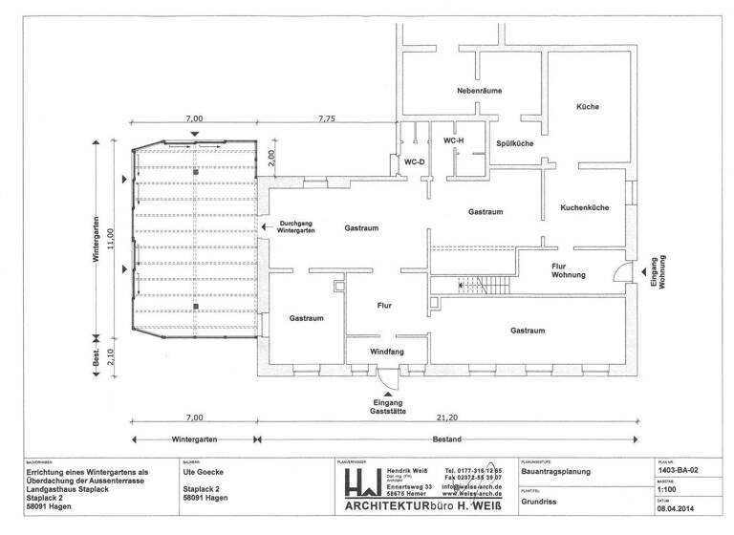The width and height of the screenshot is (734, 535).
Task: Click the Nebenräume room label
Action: coord(479,91)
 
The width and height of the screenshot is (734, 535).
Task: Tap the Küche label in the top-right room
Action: coord(587,106)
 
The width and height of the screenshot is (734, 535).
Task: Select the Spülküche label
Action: coord(514,143)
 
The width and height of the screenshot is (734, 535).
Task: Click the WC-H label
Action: coord(454,140)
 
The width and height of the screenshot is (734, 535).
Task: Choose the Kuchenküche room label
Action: coord(586,206)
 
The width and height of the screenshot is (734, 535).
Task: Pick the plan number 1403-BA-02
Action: coord(678,471)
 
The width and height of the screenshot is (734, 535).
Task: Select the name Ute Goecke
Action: coord(203,472)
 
